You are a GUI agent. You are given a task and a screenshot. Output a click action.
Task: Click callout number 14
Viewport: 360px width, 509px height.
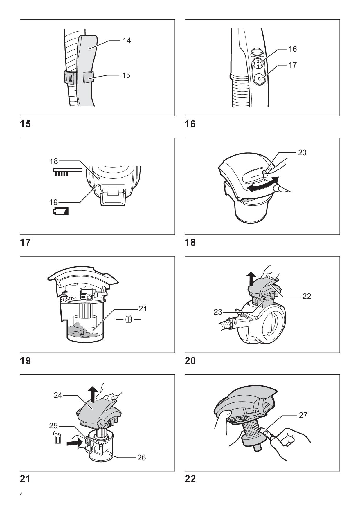127,41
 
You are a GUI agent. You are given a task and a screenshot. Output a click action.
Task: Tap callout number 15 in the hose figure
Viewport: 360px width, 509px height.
126,75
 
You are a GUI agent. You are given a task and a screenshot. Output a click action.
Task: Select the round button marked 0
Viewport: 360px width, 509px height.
259,78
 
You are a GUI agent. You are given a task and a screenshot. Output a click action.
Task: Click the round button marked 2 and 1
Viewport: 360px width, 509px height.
258,63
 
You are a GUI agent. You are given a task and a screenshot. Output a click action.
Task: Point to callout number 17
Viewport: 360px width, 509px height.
292,65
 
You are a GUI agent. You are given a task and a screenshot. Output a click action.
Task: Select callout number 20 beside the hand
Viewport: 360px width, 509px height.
302,153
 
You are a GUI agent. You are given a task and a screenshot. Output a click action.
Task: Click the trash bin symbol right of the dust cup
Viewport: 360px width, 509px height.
129,319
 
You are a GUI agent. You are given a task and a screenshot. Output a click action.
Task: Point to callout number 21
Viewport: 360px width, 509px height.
143,309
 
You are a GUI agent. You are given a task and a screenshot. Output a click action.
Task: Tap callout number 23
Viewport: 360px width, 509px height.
218,312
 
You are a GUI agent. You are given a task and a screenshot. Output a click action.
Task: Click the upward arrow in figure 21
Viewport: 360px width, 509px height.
93,395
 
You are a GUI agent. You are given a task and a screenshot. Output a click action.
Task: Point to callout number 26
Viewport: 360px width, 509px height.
141,458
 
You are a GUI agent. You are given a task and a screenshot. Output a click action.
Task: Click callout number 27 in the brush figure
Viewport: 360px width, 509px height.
303,415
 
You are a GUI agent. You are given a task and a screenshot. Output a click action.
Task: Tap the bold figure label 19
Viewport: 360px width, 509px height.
25,361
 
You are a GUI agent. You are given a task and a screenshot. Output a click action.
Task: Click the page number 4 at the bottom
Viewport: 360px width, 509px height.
21,494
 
